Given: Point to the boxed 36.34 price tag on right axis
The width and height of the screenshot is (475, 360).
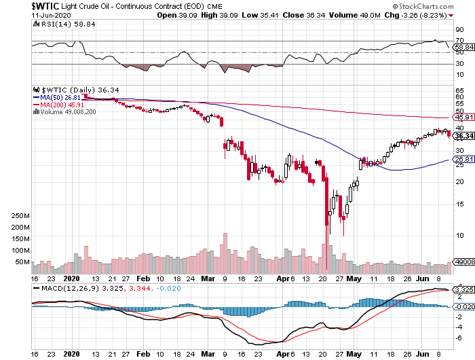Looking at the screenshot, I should pyautogui.click(x=463, y=136).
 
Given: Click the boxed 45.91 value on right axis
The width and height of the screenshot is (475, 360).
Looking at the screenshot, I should pyautogui.click(x=463, y=118).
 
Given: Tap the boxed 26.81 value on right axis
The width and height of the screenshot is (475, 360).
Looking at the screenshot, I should pyautogui.click(x=463, y=160).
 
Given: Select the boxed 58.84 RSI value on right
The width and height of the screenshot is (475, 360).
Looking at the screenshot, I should pyautogui.click(x=463, y=47).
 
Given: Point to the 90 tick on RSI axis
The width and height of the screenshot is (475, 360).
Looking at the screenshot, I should pyautogui.click(x=459, y=29).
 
